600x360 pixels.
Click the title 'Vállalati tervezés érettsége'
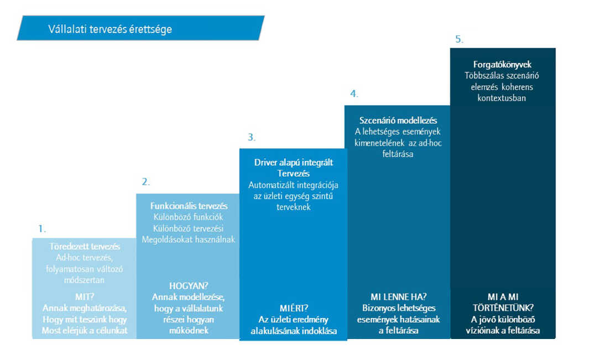click(110, 29)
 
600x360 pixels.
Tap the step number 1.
click(41, 229)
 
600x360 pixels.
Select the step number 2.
click(146, 182)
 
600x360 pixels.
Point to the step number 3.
click(251, 137)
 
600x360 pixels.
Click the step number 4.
click(354, 93)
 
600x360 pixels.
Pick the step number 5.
click(459, 39)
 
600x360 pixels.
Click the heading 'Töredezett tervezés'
click(85, 247)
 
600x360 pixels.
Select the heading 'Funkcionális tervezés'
click(189, 206)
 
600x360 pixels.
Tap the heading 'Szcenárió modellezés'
click(398, 121)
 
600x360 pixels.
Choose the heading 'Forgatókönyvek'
click(502, 64)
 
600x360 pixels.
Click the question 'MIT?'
click(85, 297)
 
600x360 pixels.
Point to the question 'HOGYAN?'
click(189, 286)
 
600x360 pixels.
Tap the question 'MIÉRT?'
click(294, 309)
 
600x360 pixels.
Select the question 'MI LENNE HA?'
click(398, 297)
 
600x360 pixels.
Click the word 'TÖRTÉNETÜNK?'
click(503, 308)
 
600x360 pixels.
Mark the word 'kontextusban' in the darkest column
click(502, 98)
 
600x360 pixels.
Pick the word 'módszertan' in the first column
click(84, 280)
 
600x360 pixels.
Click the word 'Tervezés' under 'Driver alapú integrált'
click(294, 174)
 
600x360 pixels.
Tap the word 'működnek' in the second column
click(189, 331)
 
